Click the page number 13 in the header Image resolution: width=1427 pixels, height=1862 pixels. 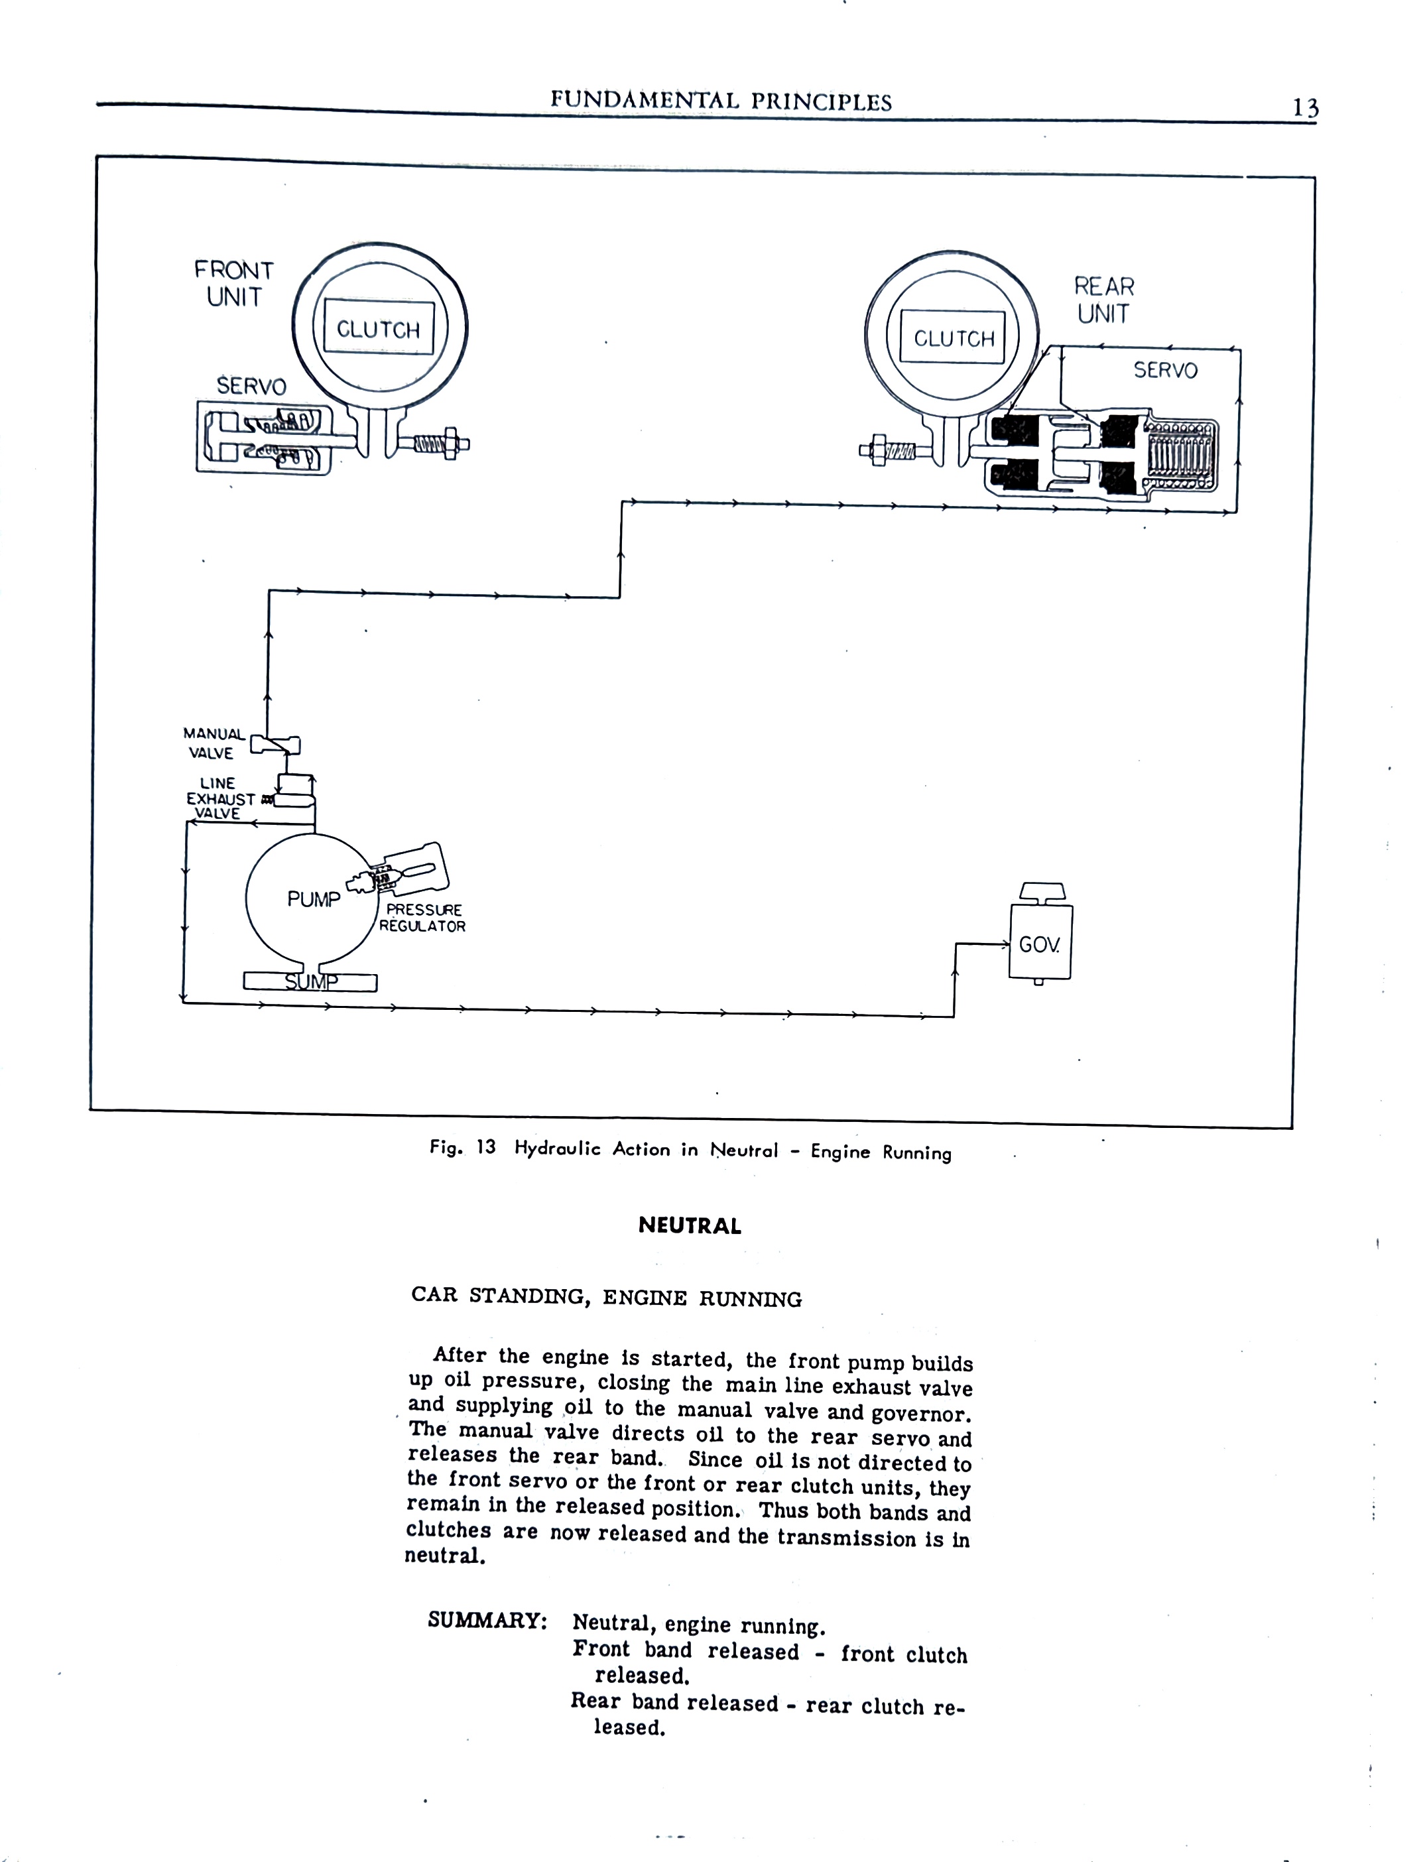(x=1306, y=108)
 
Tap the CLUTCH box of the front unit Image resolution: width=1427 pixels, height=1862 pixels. (x=379, y=329)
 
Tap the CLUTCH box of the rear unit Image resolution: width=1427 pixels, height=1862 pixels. (x=953, y=338)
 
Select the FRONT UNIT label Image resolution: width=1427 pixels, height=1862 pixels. (x=233, y=284)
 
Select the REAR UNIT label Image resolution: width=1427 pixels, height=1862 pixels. (x=1104, y=300)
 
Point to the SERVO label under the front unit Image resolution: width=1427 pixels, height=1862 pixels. (x=251, y=386)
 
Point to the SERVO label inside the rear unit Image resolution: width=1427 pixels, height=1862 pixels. (x=1165, y=369)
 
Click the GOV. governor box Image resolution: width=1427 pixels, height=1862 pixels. (x=1040, y=942)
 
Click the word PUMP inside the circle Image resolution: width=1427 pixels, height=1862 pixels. (x=314, y=899)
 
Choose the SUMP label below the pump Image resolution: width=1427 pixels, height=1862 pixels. (x=311, y=982)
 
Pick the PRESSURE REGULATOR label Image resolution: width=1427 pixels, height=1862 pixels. (x=422, y=918)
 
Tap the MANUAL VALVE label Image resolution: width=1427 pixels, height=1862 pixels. (x=214, y=743)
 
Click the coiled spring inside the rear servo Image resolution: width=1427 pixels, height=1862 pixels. (x=1181, y=456)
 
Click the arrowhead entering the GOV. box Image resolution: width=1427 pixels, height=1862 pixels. (x=1004, y=943)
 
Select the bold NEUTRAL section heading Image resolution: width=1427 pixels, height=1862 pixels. (x=690, y=1226)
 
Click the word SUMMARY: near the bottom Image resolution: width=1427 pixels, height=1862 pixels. (x=487, y=1619)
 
